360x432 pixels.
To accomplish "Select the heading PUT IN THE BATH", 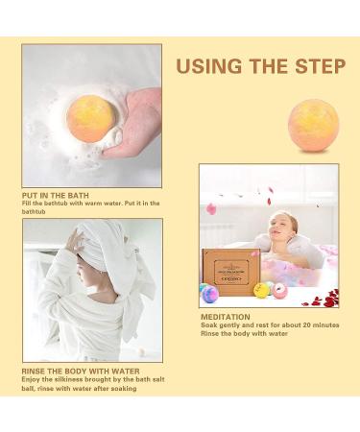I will click(x=59, y=193).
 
